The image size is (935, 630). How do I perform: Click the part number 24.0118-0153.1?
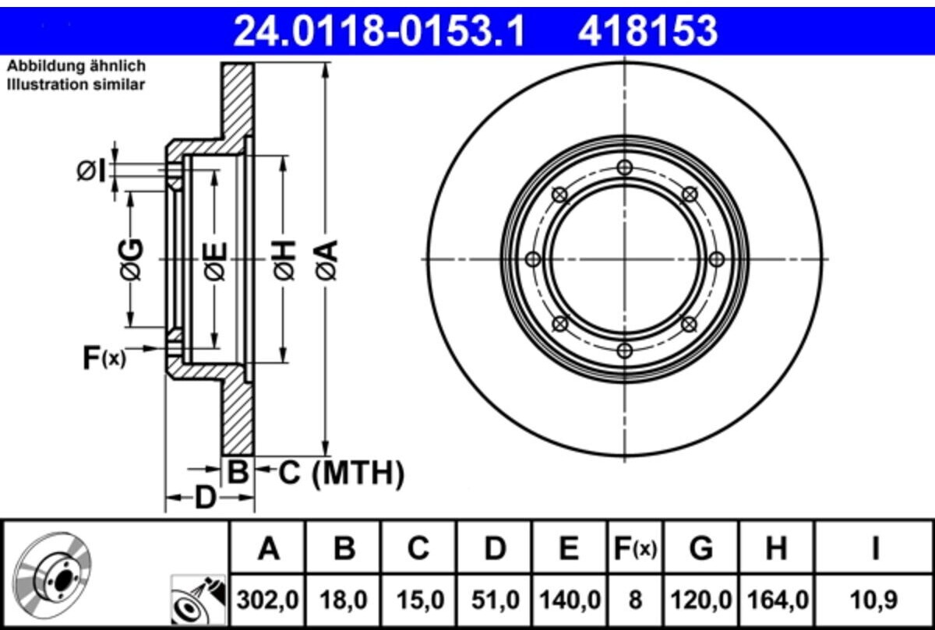click(x=379, y=31)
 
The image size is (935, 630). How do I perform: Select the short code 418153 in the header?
click(x=647, y=31)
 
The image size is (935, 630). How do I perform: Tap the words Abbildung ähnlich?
click(x=76, y=66)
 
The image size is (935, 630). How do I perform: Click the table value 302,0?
click(x=267, y=600)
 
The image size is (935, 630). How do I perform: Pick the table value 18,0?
click(x=344, y=600)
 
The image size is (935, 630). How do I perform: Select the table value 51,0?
click(x=496, y=600)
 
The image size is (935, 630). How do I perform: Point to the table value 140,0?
click(x=570, y=600)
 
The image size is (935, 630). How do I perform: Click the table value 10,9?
click(x=873, y=600)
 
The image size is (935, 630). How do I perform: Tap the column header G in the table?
click(x=700, y=548)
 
